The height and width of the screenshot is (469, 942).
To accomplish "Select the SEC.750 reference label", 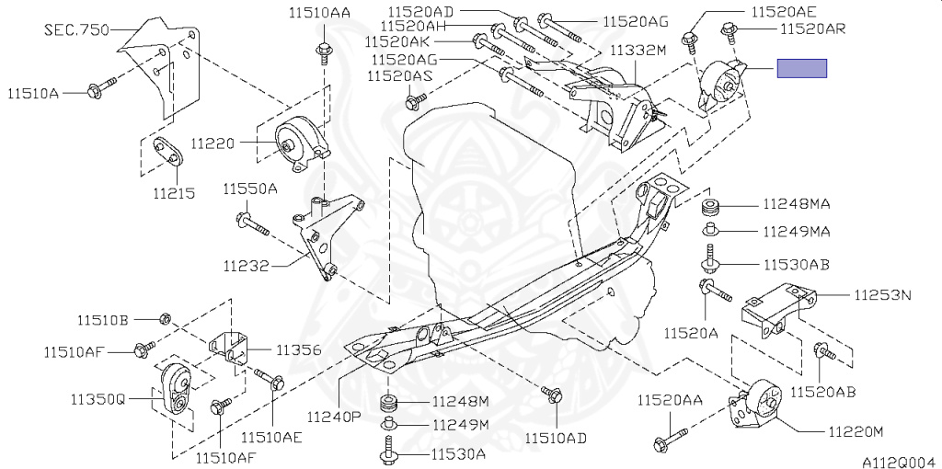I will [x=77, y=29].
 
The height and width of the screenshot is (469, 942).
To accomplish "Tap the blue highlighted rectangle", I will [x=802, y=68].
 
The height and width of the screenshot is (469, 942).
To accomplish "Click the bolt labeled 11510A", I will [x=100, y=87].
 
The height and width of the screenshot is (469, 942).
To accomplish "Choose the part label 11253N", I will [x=881, y=295].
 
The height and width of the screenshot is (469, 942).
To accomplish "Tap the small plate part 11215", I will [x=167, y=150].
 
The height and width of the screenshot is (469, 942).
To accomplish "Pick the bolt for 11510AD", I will [x=553, y=395].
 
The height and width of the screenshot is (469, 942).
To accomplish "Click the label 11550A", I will [x=249, y=189].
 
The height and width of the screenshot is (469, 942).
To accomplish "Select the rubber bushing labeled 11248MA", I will [x=710, y=203].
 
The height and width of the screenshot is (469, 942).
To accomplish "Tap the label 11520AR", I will [x=813, y=29].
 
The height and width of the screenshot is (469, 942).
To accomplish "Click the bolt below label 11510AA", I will [x=324, y=51].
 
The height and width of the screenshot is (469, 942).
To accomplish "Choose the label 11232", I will [x=245, y=267].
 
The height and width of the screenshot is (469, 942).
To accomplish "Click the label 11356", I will [x=299, y=349].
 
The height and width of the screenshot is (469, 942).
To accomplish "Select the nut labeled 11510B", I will [x=166, y=318].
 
